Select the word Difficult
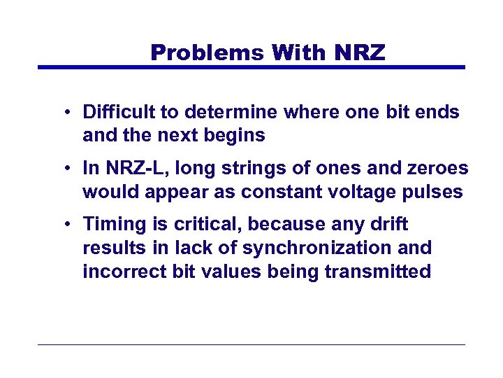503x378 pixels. click(120, 112)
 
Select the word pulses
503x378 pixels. click(435, 192)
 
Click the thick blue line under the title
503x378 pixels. click(251, 67)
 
